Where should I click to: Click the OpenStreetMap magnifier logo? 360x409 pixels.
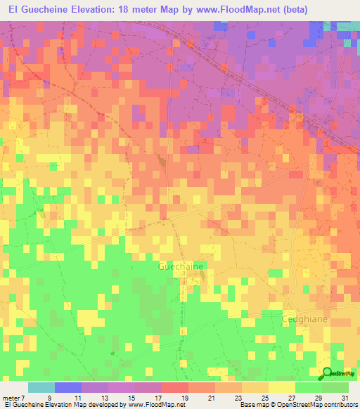(x=328, y=372)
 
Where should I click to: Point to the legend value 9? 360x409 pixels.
(x=49, y=397)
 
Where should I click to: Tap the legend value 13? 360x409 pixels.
(x=102, y=397)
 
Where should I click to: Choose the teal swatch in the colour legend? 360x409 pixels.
(x=41, y=387)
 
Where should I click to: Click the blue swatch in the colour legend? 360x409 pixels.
(x=67, y=387)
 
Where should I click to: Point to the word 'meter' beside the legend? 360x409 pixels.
(x=11, y=397)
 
